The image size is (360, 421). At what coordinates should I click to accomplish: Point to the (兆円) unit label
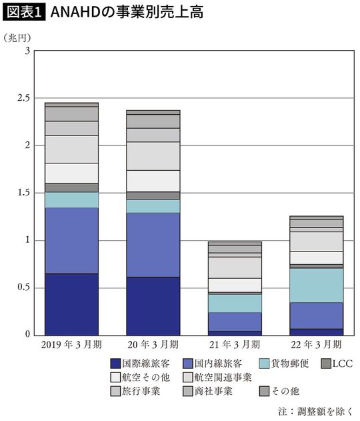[x=17, y=37]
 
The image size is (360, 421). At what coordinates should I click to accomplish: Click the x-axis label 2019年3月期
[x=71, y=346]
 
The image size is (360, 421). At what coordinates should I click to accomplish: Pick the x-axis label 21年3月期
[x=233, y=346]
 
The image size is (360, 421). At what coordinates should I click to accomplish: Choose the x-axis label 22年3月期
[x=315, y=346]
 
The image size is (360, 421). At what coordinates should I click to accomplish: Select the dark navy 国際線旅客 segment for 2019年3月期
[x=71, y=304]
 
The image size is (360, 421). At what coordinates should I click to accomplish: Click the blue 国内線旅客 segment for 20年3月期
[x=153, y=245]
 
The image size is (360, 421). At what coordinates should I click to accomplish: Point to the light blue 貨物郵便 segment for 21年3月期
[x=234, y=303]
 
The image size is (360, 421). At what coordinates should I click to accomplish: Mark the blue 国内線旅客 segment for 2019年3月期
[x=71, y=240]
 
